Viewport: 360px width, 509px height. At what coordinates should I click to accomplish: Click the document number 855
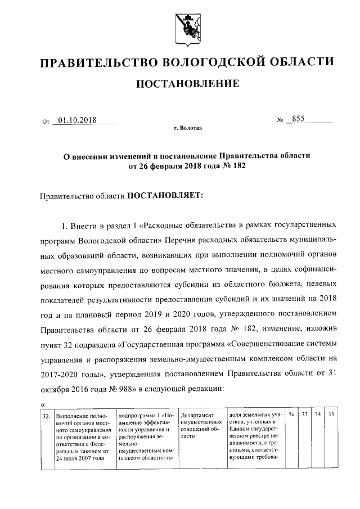[x=297, y=119]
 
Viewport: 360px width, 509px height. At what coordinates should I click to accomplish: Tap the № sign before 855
[x=279, y=120]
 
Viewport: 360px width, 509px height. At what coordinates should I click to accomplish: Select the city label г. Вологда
[x=187, y=128]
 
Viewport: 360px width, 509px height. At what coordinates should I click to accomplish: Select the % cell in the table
[x=291, y=415]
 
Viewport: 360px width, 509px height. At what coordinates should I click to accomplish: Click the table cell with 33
[x=304, y=415]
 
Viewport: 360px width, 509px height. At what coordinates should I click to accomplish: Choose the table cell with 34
[x=318, y=415]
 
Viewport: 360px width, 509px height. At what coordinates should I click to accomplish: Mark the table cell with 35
[x=331, y=415]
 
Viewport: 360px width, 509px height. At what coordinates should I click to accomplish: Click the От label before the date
[x=46, y=121]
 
